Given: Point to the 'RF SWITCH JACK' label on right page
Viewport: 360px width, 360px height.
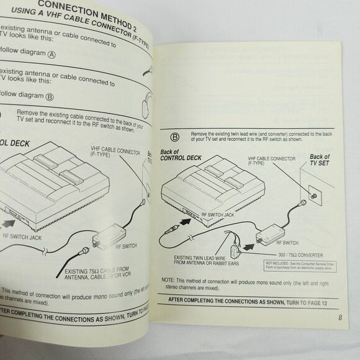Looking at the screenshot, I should [x=218, y=214].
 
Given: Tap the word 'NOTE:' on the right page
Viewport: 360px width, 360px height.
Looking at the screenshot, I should [x=166, y=280].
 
